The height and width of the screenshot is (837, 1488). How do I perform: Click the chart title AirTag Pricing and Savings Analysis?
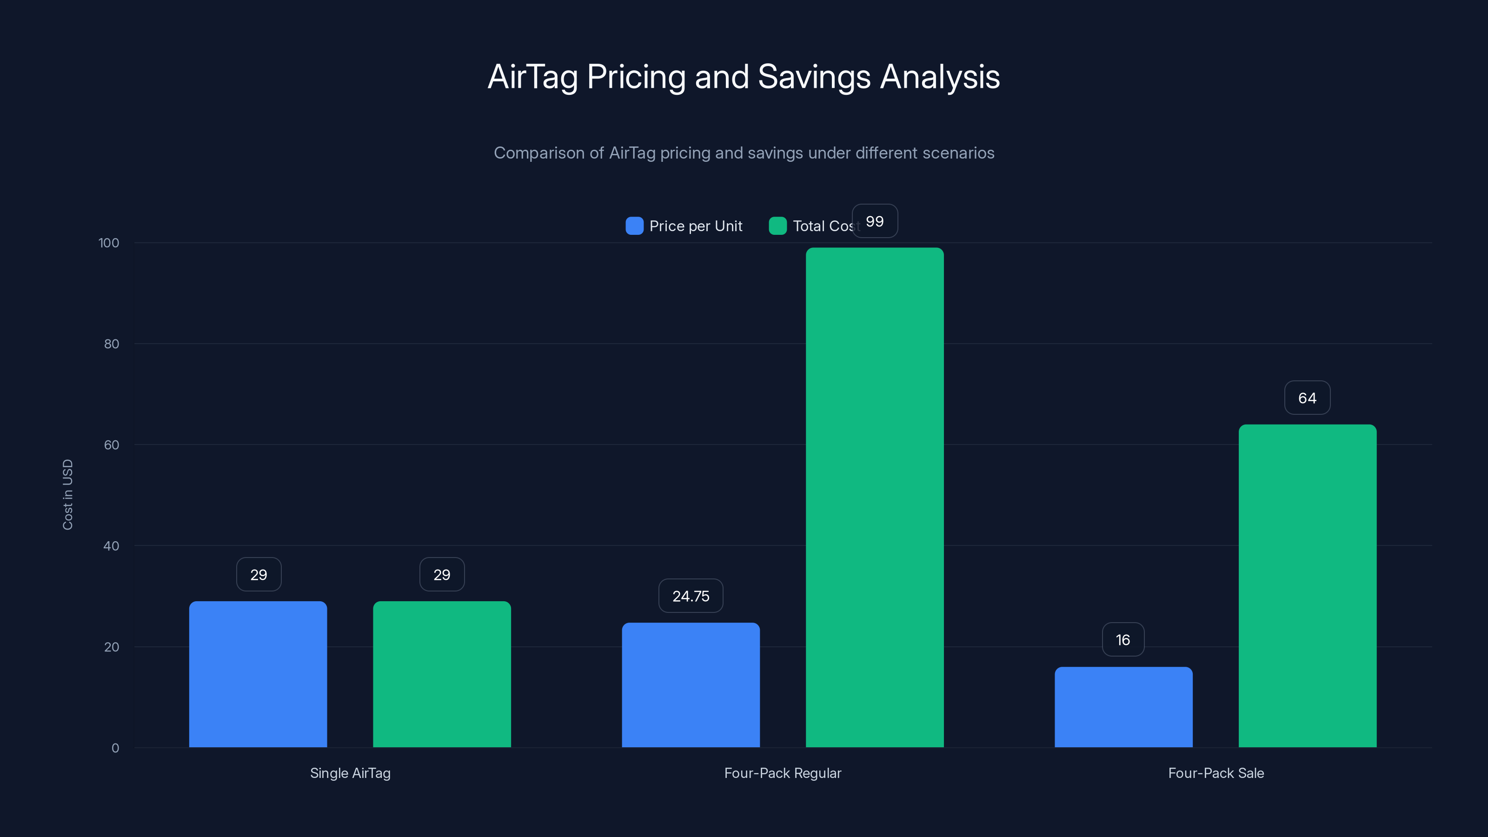click(x=744, y=77)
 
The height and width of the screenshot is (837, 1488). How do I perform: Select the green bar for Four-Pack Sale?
click(x=1307, y=586)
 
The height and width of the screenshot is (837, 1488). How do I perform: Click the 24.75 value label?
click(x=691, y=596)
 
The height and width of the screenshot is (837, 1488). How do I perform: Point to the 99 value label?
click(x=875, y=221)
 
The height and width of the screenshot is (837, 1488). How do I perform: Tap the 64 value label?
click(x=1307, y=398)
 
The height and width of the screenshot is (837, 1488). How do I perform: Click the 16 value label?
click(x=1123, y=640)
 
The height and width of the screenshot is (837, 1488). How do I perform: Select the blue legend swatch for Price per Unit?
click(x=634, y=226)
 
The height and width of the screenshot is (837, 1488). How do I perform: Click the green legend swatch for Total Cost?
click(x=777, y=226)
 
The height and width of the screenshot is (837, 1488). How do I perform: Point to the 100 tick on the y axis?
click(x=109, y=243)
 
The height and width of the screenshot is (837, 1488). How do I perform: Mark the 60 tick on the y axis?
click(x=111, y=445)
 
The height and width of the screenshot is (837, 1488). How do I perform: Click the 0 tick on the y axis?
click(x=115, y=748)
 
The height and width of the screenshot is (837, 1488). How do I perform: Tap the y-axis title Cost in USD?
click(x=67, y=494)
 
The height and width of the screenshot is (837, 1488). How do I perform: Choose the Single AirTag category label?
click(x=350, y=773)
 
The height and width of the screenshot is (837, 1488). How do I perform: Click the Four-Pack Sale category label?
click(x=1216, y=773)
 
